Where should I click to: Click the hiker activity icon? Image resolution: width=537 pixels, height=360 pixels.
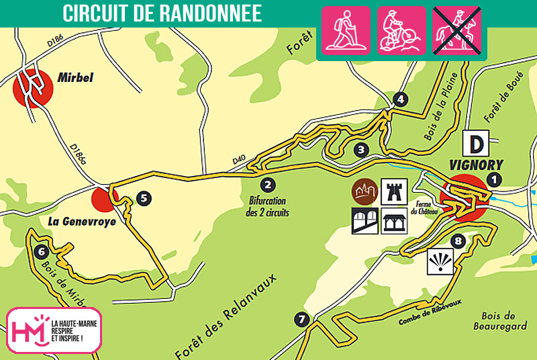pos(346,30)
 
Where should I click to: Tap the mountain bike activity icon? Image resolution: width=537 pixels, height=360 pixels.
pos(401,30)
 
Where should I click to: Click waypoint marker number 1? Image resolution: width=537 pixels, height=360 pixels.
pos(495,179)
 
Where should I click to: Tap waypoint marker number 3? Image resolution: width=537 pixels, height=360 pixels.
pos(361,149)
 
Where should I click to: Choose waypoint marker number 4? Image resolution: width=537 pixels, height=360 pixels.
pos(401,100)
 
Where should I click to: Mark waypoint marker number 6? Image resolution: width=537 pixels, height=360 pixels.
pos(42,252)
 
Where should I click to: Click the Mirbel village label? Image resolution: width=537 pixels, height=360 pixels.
pos(75,78)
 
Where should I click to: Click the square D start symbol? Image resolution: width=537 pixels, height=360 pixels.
pos(476,143)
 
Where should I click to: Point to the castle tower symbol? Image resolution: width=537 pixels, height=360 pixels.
pos(391,191)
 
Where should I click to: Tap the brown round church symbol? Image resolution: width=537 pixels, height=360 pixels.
pos(364,191)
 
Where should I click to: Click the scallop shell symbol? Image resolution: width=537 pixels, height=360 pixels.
pos(439,263)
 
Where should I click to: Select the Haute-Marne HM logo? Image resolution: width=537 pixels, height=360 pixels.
pos(29,330)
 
